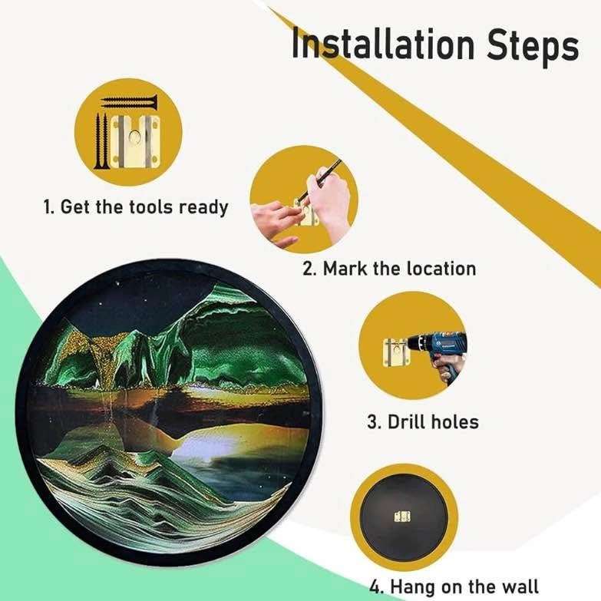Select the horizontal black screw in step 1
pyautogui.click(x=129, y=101)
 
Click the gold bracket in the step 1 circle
pyautogui.click(x=134, y=142)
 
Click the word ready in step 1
pyautogui.click(x=204, y=208)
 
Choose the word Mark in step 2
pyautogui.click(x=345, y=268)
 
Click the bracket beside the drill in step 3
pyautogui.click(x=396, y=352)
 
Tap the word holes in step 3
pyautogui.click(x=455, y=421)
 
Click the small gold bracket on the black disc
pyautogui.click(x=402, y=517)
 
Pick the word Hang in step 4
pyautogui.click(x=414, y=588)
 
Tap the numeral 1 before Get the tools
pyautogui.click(x=47, y=207)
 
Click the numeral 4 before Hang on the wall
pyautogui.click(x=375, y=588)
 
